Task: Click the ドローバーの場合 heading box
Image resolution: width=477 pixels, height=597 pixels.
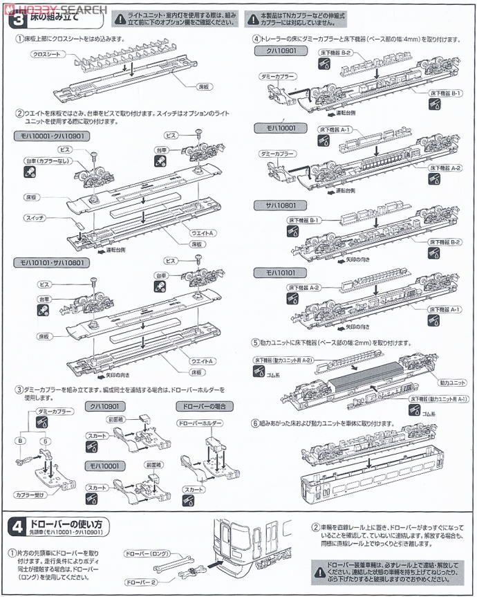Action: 205,405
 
